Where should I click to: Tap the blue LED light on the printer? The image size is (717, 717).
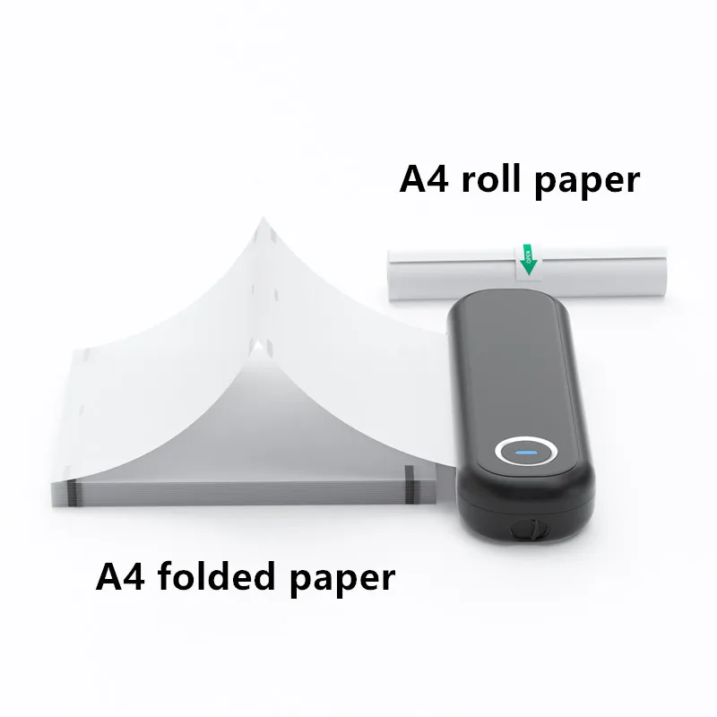coord(526,451)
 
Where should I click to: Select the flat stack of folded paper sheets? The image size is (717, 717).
coord(242,488)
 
